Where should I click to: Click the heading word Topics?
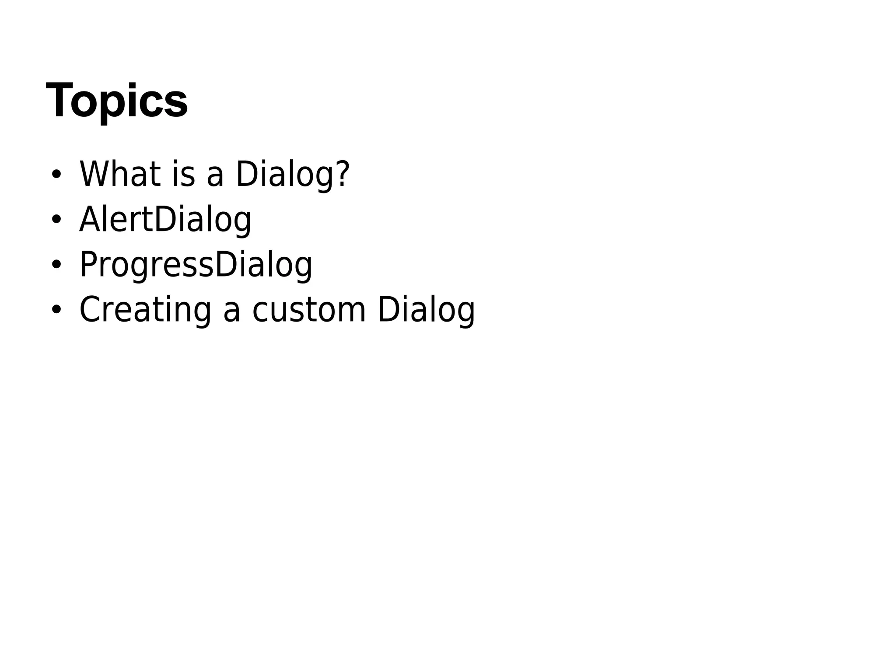click(117, 100)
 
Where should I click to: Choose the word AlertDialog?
click(165, 220)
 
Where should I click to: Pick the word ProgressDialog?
click(196, 265)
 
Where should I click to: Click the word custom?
click(309, 310)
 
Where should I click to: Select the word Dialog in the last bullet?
click(426, 310)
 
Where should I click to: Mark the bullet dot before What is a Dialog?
click(56, 174)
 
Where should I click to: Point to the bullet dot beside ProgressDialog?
click(56, 265)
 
